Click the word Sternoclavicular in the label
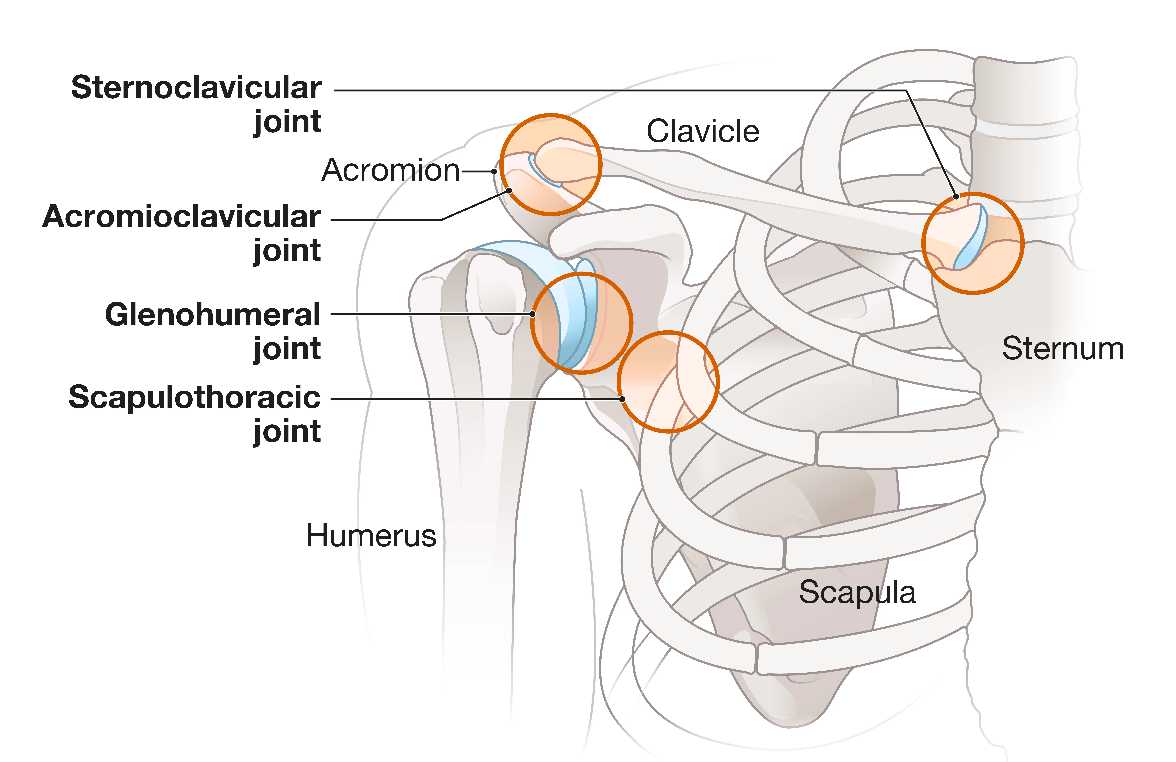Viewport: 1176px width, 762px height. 196,88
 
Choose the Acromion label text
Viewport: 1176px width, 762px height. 390,170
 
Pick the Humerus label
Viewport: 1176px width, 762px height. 372,536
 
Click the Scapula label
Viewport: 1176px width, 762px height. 857,593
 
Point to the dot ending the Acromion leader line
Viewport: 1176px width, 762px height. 494,171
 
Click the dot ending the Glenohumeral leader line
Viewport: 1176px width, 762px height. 533,314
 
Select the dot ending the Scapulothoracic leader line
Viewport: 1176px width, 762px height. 622,399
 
